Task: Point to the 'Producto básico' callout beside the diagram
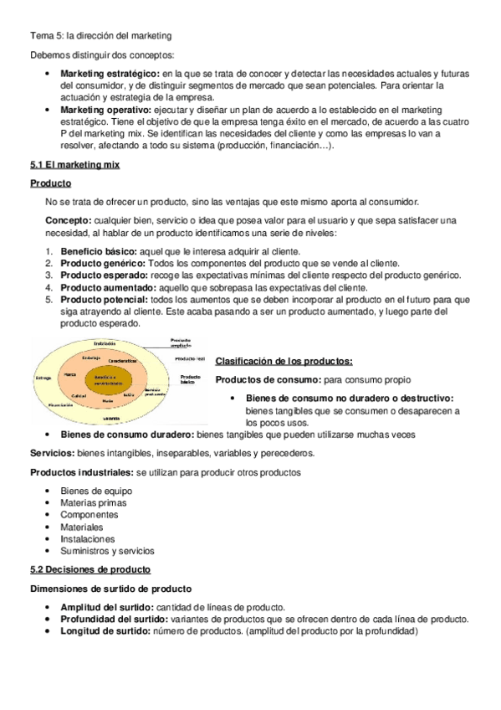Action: (x=191, y=378)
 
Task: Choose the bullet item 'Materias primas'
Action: (x=93, y=503)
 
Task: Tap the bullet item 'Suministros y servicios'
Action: (x=107, y=551)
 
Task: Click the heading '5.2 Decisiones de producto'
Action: (x=85, y=569)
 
